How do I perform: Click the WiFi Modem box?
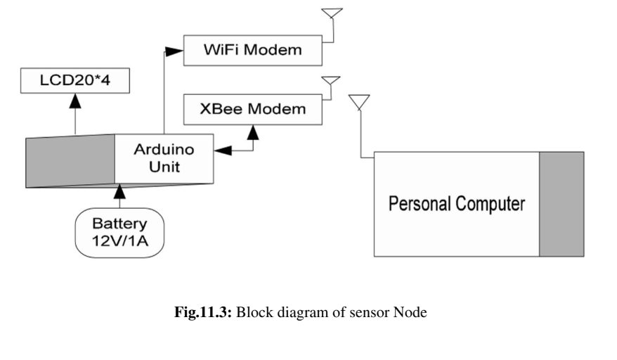pyautogui.click(x=252, y=51)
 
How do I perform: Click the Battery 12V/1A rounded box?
pyautogui.click(x=119, y=232)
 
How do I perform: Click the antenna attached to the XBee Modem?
pyautogui.click(x=330, y=84)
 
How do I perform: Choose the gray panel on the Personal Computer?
pyautogui.click(x=561, y=204)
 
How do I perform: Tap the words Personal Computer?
pyautogui.click(x=457, y=205)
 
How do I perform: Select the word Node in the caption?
pyautogui.click(x=410, y=313)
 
